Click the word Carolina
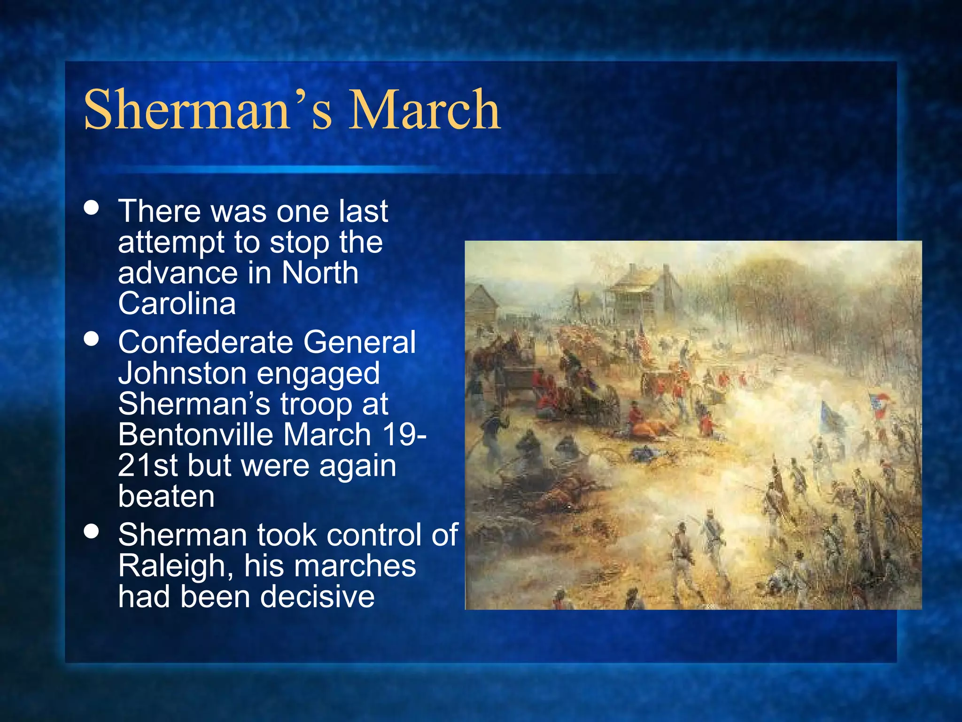pyautogui.click(x=177, y=304)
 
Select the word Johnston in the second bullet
pyautogui.click(x=182, y=373)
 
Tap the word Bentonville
pyautogui.click(x=195, y=434)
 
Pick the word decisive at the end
pyautogui.click(x=317, y=597)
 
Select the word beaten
pyautogui.click(x=166, y=496)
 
